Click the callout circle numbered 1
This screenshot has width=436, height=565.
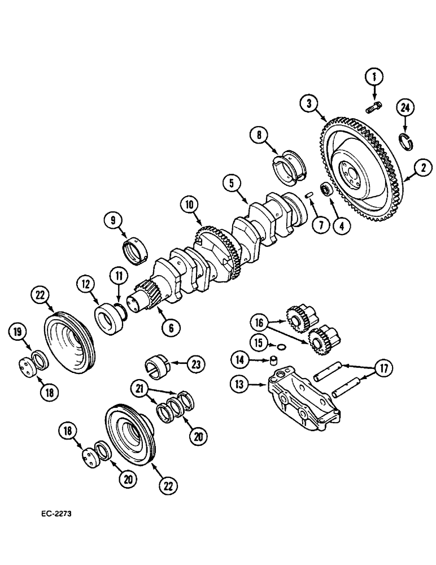pyautogui.click(x=373, y=76)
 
